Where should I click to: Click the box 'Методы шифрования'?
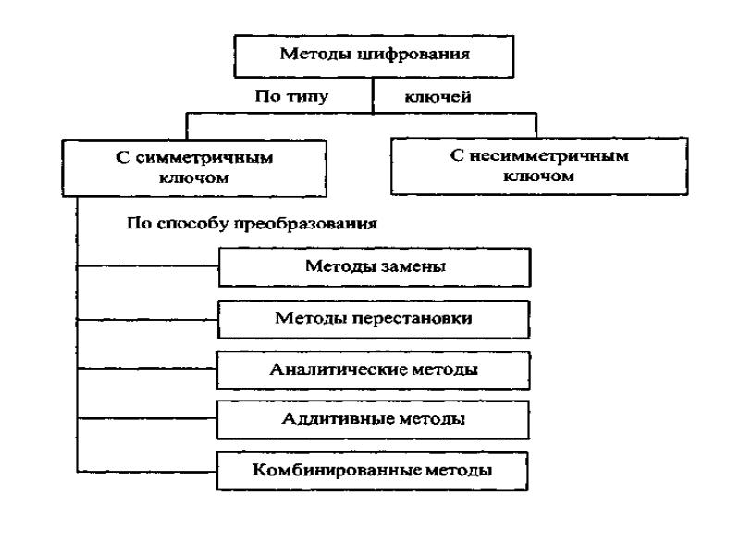(374, 56)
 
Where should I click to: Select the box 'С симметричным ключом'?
(194, 168)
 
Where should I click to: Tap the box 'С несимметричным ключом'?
(539, 166)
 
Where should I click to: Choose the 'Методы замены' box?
(375, 267)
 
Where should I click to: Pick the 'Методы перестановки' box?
(374, 319)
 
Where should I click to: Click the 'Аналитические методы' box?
(374, 371)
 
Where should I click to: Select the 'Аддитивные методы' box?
(373, 420)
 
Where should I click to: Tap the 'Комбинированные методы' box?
(373, 471)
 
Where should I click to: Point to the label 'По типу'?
(291, 97)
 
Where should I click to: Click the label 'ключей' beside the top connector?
(438, 97)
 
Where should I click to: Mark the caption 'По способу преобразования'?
(252, 223)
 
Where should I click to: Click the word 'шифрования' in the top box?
(413, 55)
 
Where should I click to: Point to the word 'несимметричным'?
(549, 155)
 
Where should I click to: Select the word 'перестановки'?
(413, 318)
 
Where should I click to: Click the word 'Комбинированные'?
(337, 470)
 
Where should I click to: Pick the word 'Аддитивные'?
(337, 419)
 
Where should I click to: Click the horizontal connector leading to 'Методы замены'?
(148, 266)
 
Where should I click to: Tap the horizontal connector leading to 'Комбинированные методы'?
(147, 471)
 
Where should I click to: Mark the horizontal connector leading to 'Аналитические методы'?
(147, 369)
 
